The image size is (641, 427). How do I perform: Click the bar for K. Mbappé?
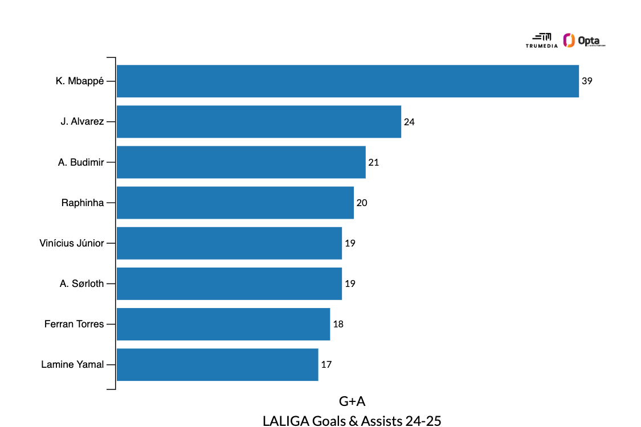pos(348,81)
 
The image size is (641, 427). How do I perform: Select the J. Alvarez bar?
pos(259,121)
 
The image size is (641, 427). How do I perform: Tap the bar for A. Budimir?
pos(241,162)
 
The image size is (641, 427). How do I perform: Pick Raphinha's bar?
pos(235,203)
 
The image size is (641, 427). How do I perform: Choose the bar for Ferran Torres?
pos(223,324)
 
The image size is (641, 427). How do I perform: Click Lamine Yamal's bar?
pos(217,364)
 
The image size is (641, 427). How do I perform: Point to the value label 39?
pos(587,81)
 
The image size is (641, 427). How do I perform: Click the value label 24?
pos(410,122)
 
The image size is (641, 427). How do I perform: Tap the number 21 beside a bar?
pos(374,162)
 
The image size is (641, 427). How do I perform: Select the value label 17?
pos(326,365)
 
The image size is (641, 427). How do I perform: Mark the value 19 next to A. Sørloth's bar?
pos(350,284)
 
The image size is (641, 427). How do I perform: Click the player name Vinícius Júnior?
pos(72,243)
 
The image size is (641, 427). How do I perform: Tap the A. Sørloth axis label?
pos(82,284)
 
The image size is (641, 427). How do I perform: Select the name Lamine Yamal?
pos(72,364)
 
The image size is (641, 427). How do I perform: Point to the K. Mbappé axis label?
pos(80,81)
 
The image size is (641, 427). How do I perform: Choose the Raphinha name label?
pos(83,203)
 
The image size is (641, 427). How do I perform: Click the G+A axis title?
pos(352,401)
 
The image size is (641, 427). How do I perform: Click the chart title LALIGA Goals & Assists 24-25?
pos(352,421)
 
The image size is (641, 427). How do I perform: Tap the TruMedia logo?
pos(541,40)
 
